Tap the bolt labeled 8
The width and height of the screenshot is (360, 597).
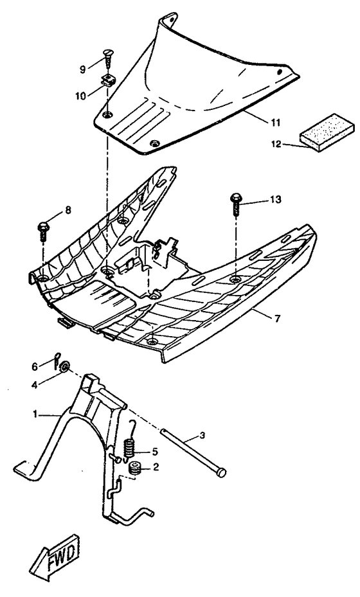[44, 230]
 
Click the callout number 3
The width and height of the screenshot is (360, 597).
[202, 436]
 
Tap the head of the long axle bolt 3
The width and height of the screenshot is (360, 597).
[221, 472]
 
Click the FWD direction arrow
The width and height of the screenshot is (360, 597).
[53, 558]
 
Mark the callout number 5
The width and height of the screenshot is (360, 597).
[156, 451]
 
